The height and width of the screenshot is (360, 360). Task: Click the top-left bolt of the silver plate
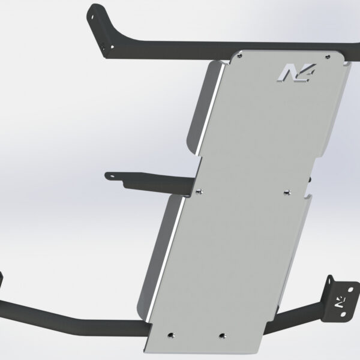[241, 54]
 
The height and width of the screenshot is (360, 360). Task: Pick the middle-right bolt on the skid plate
[285, 192]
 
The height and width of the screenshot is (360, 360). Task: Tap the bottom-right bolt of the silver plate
[223, 334]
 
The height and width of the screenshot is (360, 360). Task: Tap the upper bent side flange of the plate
[201, 108]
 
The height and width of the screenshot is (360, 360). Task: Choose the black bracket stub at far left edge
[2, 282]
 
